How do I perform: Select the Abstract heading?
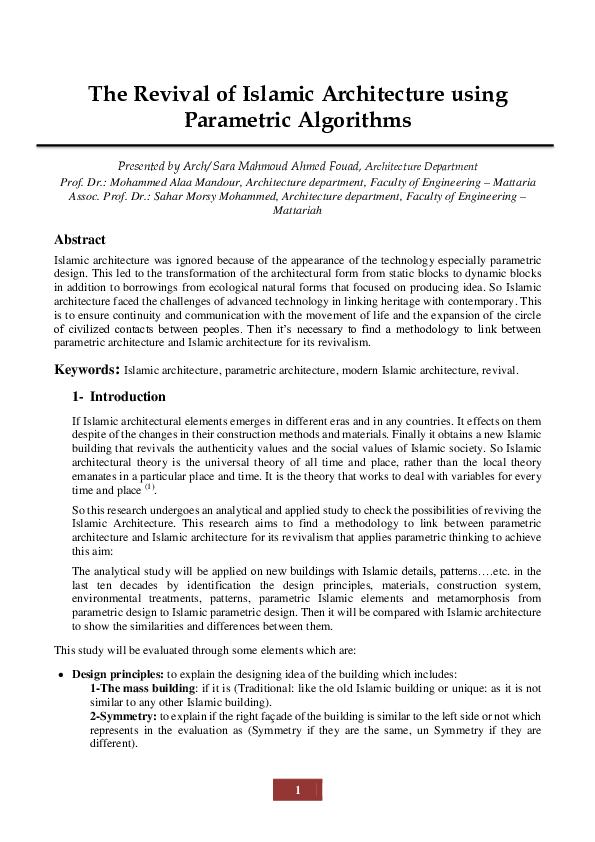80,240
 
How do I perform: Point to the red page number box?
297,791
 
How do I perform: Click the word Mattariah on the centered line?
297,212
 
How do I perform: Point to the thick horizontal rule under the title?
297,146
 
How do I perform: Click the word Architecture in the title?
352,95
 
